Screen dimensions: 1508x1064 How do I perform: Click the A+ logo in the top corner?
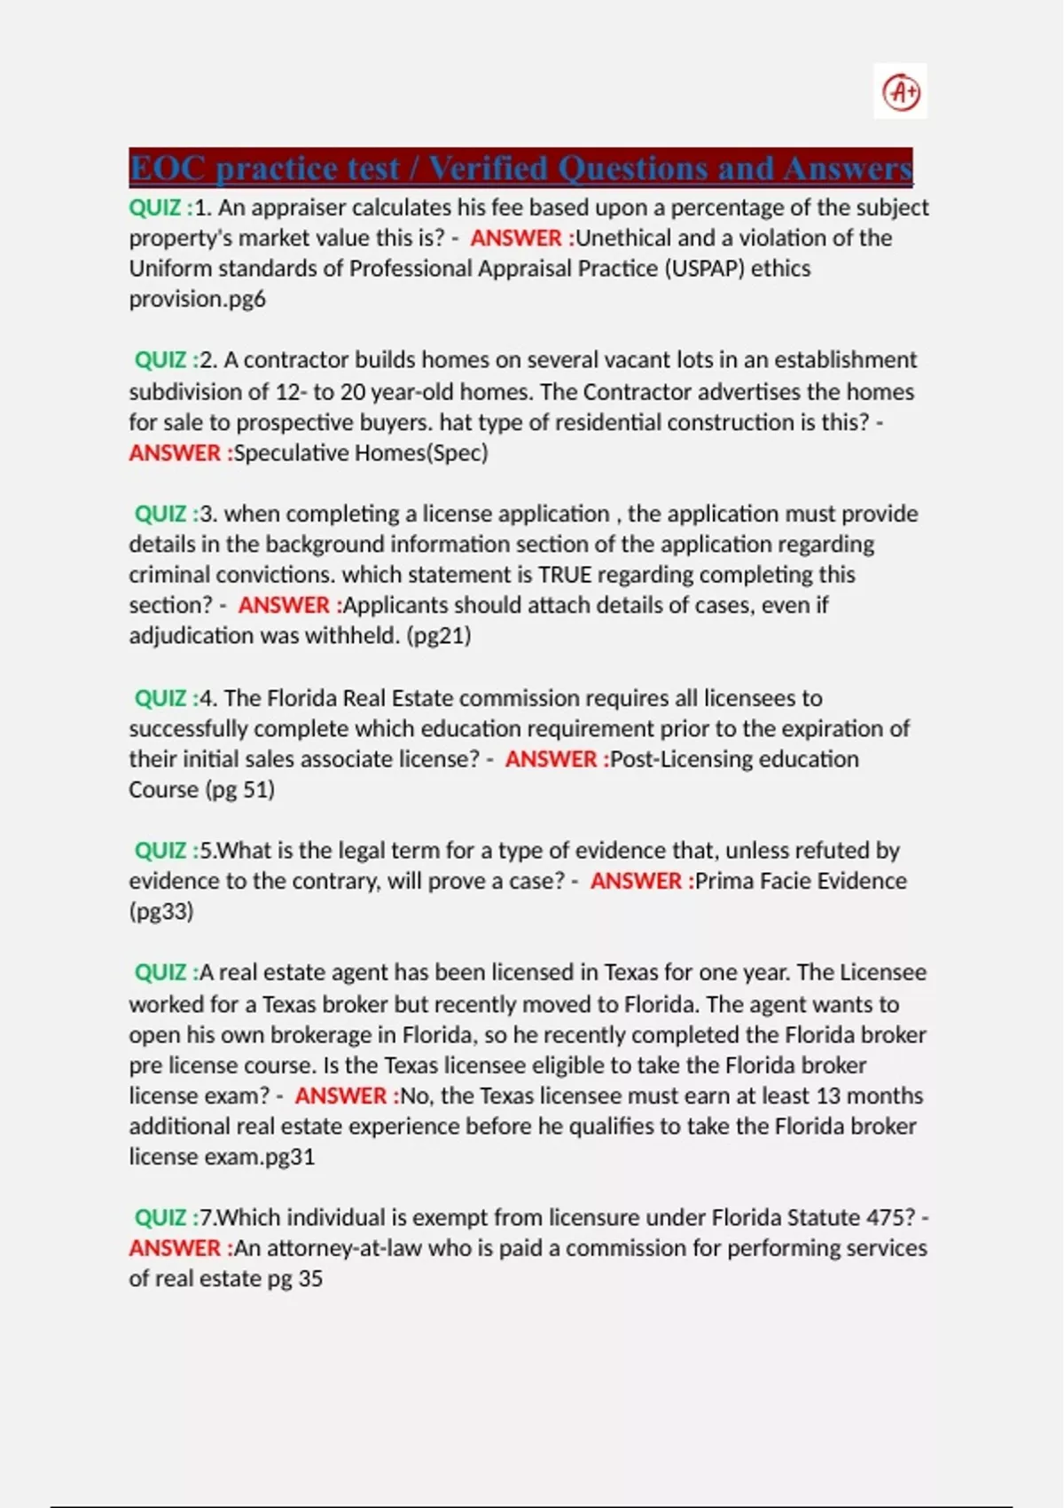pos(901,91)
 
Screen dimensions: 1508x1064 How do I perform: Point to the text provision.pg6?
pos(197,299)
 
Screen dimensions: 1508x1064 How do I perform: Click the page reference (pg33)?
pos(161,911)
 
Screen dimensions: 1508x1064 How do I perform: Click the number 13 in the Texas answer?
pos(828,1096)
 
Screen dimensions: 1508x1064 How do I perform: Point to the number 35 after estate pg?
pos(310,1278)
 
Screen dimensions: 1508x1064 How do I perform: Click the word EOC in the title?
pos(168,168)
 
